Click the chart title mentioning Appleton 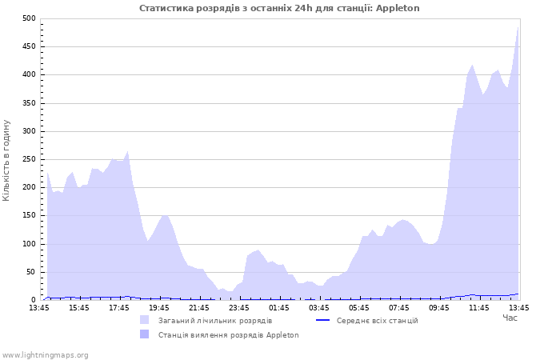pos(279,8)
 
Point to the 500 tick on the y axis pos(28,18)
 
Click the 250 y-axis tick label pos(28,159)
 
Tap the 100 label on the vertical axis pos(28,244)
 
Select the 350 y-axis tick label pos(28,103)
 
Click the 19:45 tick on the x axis pos(159,307)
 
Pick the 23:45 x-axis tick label pos(239,307)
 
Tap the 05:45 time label pos(359,307)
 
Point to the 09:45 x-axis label pos(439,307)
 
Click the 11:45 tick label pos(479,307)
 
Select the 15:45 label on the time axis pos(79,307)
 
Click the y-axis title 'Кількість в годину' pos(7,160)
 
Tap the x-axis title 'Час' pos(510,318)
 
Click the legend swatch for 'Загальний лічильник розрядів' pos(145,320)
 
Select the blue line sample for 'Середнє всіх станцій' pos(323,320)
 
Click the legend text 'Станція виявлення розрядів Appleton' pos(228,334)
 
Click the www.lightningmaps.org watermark pos(45,354)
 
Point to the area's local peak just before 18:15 pos(127,151)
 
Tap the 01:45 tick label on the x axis pos(279,307)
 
